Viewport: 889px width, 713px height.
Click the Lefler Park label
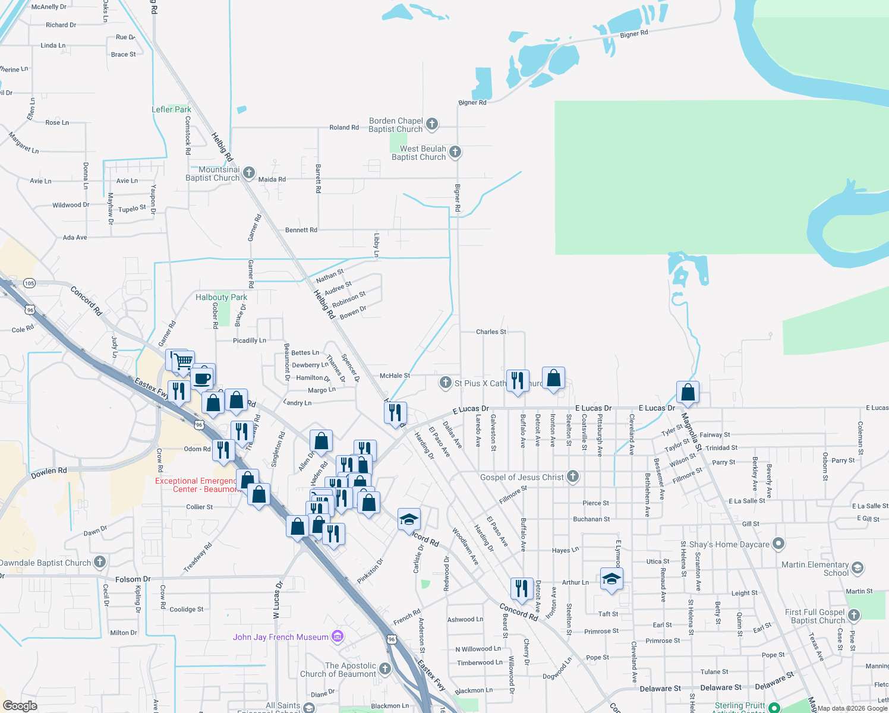point(171,109)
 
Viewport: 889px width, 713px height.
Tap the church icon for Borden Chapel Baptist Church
point(432,124)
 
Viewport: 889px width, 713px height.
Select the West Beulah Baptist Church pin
point(455,152)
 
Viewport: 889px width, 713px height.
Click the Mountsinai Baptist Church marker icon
point(249,173)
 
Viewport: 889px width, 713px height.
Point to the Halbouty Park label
point(221,297)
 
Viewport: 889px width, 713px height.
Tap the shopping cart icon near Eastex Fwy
point(183,360)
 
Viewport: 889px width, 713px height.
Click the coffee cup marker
point(203,377)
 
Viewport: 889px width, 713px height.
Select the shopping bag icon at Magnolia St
point(688,392)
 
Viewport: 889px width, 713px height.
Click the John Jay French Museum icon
point(338,637)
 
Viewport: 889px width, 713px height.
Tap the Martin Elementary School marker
point(858,568)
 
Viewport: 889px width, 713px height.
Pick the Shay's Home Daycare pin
point(778,544)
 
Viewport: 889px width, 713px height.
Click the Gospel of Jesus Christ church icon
point(573,476)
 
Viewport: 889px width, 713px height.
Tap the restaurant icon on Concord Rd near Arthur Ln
point(521,588)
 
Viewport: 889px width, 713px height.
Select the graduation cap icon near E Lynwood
point(611,579)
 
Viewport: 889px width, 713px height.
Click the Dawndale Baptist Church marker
point(100,561)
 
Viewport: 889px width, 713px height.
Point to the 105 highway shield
point(30,283)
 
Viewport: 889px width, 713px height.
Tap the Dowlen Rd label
point(49,472)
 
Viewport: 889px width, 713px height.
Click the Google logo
point(20,705)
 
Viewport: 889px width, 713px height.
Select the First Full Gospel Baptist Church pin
point(854,615)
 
